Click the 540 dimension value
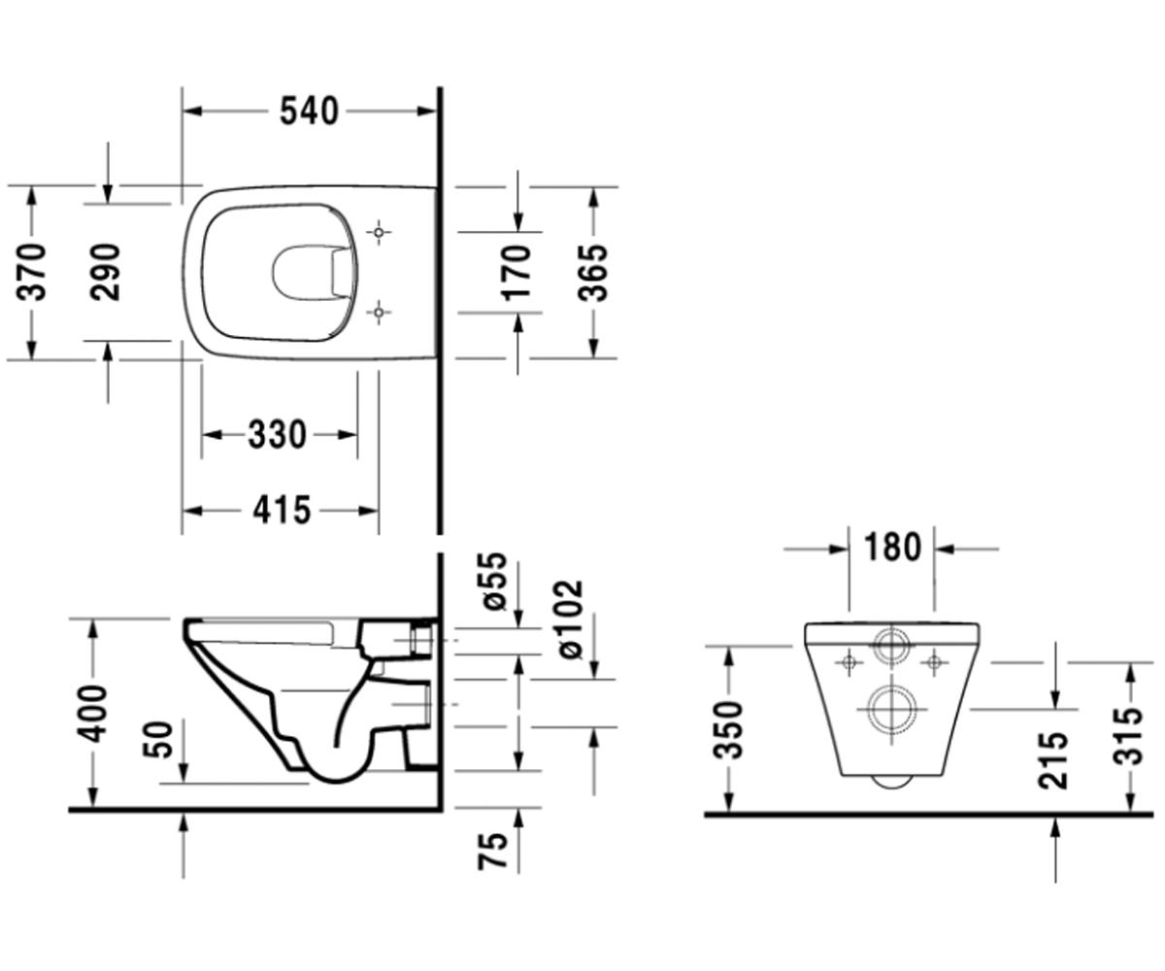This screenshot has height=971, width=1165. click(x=309, y=111)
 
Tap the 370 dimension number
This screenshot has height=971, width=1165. click(x=31, y=272)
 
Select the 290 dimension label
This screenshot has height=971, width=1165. click(x=106, y=272)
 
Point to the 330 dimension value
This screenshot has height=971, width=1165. click(x=278, y=434)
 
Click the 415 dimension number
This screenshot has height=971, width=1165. click(x=282, y=510)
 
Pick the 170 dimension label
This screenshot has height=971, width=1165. click(x=516, y=272)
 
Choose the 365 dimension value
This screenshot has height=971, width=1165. click(x=592, y=272)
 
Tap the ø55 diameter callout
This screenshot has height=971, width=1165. click(x=494, y=581)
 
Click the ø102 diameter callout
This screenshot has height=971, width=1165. click(x=570, y=619)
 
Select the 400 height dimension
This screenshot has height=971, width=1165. click(x=91, y=714)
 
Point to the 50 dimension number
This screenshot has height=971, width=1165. click(x=158, y=739)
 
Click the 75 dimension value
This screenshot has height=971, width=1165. click(x=493, y=851)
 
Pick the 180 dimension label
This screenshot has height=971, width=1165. click(x=892, y=547)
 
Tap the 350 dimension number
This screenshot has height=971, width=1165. click(x=729, y=730)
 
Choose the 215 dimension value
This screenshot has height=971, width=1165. click(x=1053, y=760)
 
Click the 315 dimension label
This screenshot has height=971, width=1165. click(x=1128, y=735)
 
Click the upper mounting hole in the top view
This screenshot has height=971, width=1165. click(x=379, y=232)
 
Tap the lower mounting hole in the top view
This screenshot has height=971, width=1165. click(x=379, y=313)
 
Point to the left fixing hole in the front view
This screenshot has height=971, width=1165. click(x=849, y=662)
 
